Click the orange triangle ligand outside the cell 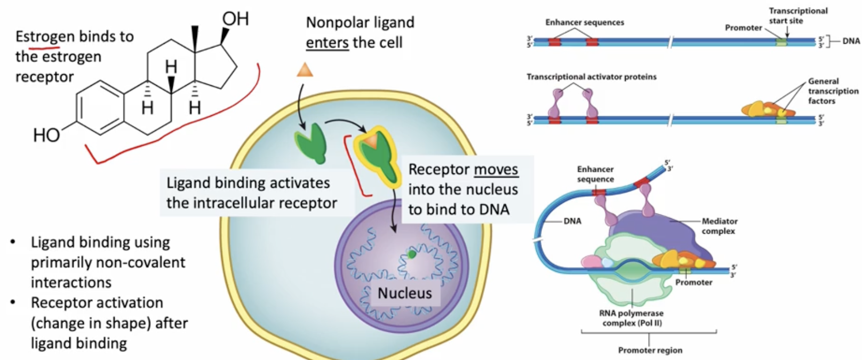[305, 70]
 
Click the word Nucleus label [404, 293]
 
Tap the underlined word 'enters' [327, 42]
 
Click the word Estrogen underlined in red [45, 37]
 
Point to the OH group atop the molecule [235, 19]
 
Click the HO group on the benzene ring [46, 135]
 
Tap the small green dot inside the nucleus [412, 254]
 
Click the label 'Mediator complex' [719, 226]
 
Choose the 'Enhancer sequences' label [584, 22]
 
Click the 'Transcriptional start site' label [797, 15]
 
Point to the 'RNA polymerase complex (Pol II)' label [631, 318]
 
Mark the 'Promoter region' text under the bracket [650, 350]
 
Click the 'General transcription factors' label [833, 91]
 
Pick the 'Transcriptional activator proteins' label [591, 77]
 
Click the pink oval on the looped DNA [590, 261]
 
